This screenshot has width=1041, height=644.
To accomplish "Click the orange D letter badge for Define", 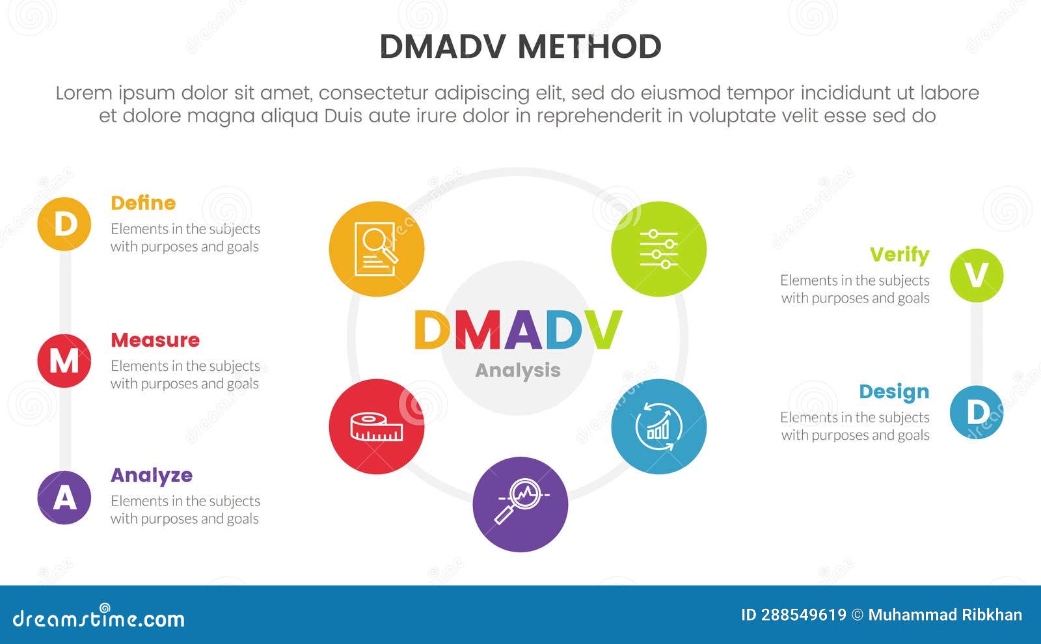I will tap(64, 224).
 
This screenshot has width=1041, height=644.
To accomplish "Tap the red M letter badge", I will tap(64, 360).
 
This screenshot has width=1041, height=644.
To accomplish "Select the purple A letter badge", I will tap(64, 498).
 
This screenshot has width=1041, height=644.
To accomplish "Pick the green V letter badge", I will tap(976, 275).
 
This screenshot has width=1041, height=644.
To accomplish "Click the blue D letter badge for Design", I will tap(976, 412).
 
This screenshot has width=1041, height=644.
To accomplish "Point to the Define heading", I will tap(143, 203).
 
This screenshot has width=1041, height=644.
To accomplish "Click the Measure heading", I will tap(155, 340).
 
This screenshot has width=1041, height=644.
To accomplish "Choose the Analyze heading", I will tap(152, 476).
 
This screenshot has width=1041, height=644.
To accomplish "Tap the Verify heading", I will tap(899, 254).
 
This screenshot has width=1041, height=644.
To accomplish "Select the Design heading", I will tap(894, 392).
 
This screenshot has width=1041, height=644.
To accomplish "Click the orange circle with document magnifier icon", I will tap(377, 249).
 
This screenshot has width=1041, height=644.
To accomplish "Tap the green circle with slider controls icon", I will tap(658, 249).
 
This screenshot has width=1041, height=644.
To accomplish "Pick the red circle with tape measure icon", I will tap(377, 427).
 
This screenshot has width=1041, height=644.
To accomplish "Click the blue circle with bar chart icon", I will tap(658, 427).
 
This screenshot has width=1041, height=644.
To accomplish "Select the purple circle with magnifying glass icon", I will tap(520, 504).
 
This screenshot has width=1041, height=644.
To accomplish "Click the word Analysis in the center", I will tap(518, 370).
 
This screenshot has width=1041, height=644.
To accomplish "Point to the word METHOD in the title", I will tap(589, 47).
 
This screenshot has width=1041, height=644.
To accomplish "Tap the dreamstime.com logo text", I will tap(99, 618).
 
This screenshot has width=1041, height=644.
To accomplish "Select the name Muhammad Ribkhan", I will tap(945, 615).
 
